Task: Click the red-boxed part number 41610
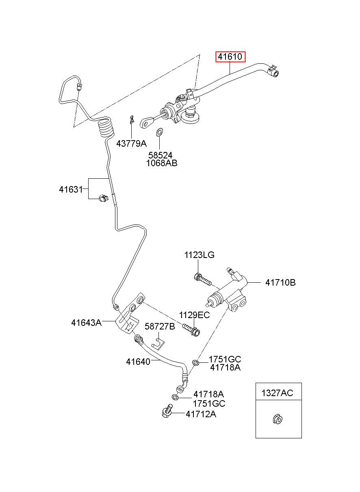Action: (x=230, y=57)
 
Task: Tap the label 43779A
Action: (x=131, y=144)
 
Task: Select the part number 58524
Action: (x=160, y=155)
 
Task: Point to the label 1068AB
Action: (x=162, y=163)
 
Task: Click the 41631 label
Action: (x=71, y=189)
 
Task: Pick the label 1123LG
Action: (x=199, y=255)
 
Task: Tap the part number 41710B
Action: (x=280, y=282)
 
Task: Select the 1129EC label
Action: (x=194, y=315)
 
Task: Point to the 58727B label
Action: (x=160, y=333)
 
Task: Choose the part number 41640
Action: (x=138, y=362)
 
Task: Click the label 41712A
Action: (x=201, y=414)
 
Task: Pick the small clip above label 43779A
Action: (x=132, y=119)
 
